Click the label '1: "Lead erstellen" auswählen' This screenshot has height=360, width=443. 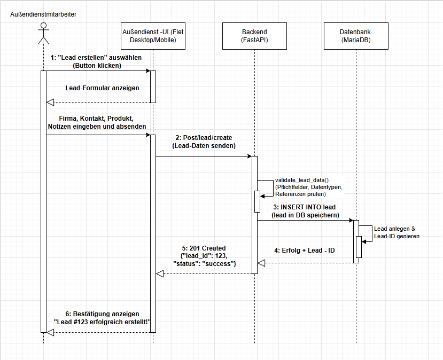point(97,57)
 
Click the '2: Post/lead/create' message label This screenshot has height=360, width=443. point(204,137)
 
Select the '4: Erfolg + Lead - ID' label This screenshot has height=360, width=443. point(305,250)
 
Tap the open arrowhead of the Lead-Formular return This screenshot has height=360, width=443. point(50,102)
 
